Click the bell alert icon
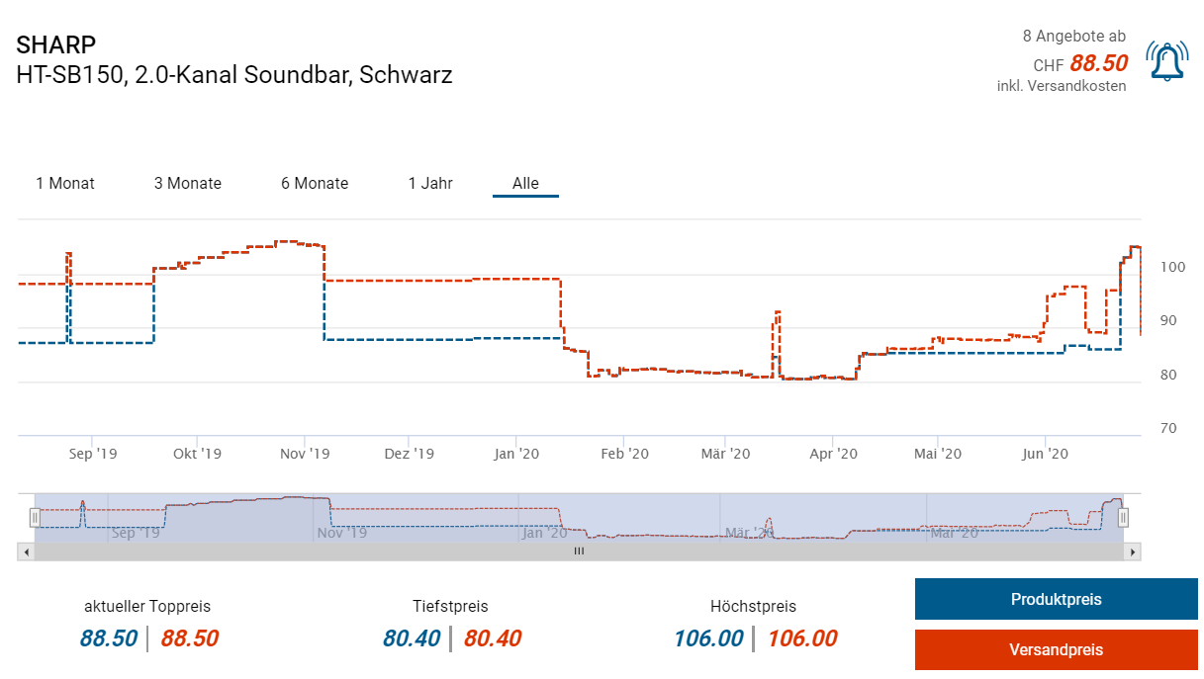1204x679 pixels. [1166, 62]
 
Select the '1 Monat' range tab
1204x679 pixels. [65, 183]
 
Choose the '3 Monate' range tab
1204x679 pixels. [188, 183]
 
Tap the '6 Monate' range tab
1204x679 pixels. [315, 183]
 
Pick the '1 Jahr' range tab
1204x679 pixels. [430, 183]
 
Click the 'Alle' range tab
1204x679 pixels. [525, 183]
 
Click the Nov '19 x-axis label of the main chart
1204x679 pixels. [305, 454]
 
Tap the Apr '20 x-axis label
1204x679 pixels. [833, 454]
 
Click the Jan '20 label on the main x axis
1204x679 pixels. [516, 454]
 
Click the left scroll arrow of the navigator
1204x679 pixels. [26, 552]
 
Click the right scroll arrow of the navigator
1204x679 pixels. [1133, 552]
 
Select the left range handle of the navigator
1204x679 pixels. [35, 517]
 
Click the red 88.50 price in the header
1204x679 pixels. [1099, 63]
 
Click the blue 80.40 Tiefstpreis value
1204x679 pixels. [412, 638]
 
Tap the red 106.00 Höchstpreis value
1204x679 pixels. [802, 638]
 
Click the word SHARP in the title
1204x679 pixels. [56, 45]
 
